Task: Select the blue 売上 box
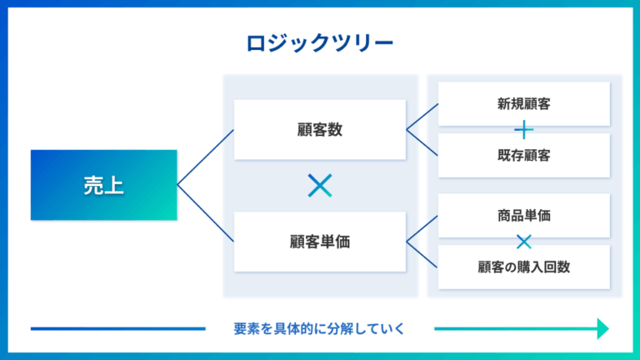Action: (x=104, y=185)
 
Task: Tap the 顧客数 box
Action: (x=320, y=130)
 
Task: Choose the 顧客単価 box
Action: (x=320, y=242)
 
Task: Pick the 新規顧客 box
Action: (x=523, y=104)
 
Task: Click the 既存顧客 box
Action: (x=523, y=155)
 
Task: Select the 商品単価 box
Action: (x=523, y=216)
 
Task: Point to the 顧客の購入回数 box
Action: (x=523, y=267)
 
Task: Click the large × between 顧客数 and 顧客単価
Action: (x=320, y=186)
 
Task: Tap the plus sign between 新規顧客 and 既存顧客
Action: (x=523, y=130)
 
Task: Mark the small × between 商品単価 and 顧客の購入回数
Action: (x=523, y=242)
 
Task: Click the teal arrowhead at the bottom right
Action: (x=602, y=328)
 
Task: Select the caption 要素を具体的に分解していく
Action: (x=320, y=328)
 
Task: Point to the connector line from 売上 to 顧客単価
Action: (x=206, y=213)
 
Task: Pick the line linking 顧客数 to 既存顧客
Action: (x=422, y=142)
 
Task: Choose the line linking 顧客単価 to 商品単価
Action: (x=422, y=229)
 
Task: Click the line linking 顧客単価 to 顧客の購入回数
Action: (x=422, y=254)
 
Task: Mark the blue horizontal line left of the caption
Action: (x=117, y=328)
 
